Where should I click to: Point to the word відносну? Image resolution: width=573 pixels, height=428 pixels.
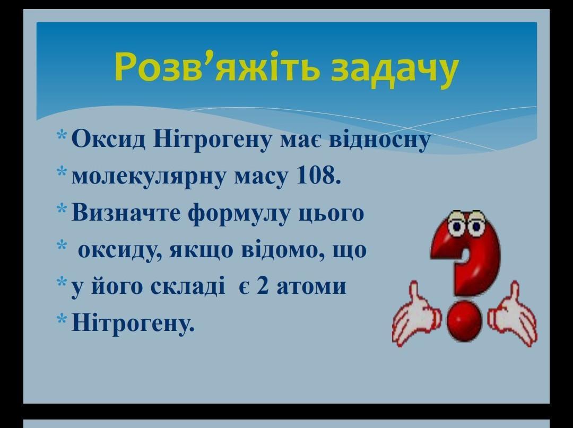click(x=380, y=141)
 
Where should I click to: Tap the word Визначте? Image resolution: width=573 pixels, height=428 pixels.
click(x=126, y=212)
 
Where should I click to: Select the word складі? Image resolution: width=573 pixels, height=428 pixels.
click(x=187, y=285)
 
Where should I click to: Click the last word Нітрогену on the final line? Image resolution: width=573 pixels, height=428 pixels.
click(x=133, y=322)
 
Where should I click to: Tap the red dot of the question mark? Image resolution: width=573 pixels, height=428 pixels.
click(x=464, y=321)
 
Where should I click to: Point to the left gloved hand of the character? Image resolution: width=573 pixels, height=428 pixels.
click(x=415, y=315)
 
